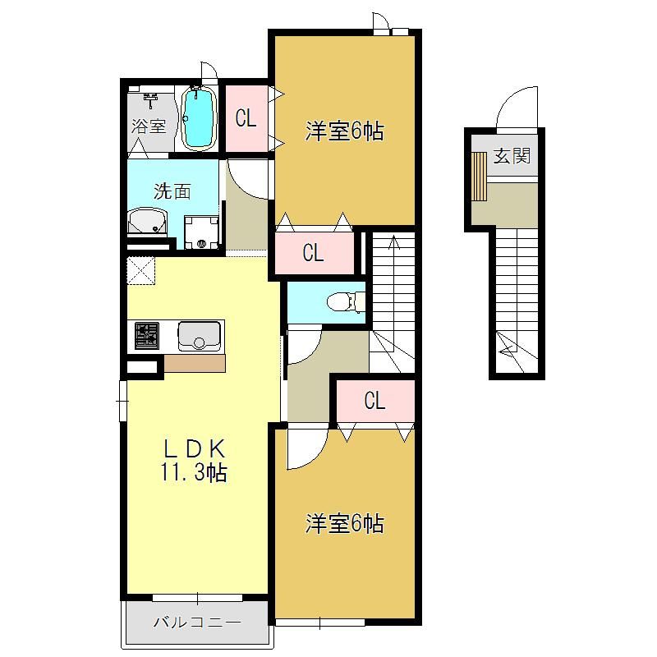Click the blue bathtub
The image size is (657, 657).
[x=199, y=118]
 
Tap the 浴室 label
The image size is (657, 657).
[x=149, y=126]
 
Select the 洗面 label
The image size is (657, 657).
[x=172, y=191]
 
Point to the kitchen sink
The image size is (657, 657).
[x=199, y=336]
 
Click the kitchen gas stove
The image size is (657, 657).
[x=147, y=335]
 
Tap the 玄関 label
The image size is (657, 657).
[x=512, y=156]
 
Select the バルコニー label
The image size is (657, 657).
[x=197, y=622]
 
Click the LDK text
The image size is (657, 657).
[x=195, y=449]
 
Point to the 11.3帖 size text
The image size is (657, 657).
[x=194, y=473]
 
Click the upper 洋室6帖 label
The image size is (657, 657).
[x=344, y=131]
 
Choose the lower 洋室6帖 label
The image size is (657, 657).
[x=344, y=523]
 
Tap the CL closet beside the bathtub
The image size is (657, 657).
[x=246, y=118]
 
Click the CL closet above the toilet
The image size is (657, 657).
[x=314, y=253]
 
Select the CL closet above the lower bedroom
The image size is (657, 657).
[x=375, y=400]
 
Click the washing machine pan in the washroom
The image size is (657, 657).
[x=201, y=232]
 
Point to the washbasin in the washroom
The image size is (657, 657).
[x=148, y=221]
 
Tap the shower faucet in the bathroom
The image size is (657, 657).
[x=150, y=99]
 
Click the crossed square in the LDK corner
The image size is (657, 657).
[x=141, y=271]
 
